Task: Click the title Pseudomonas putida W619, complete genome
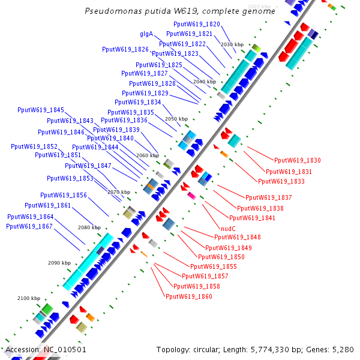[x=180, y=11]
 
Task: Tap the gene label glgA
[x=146, y=34]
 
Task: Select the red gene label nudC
[x=229, y=229]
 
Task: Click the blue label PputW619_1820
[x=197, y=24]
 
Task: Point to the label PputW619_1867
[x=29, y=226]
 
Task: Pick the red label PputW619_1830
[x=297, y=160]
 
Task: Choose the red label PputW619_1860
[x=188, y=296]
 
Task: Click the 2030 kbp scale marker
[x=232, y=44]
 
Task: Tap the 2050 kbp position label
[x=176, y=119]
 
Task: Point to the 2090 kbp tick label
[x=59, y=263]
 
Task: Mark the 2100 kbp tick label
[x=29, y=298]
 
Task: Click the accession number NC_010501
[x=65, y=349]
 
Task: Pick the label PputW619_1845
[x=41, y=110]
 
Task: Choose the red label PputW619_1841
[x=252, y=218]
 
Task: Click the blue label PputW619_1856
[x=64, y=195]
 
